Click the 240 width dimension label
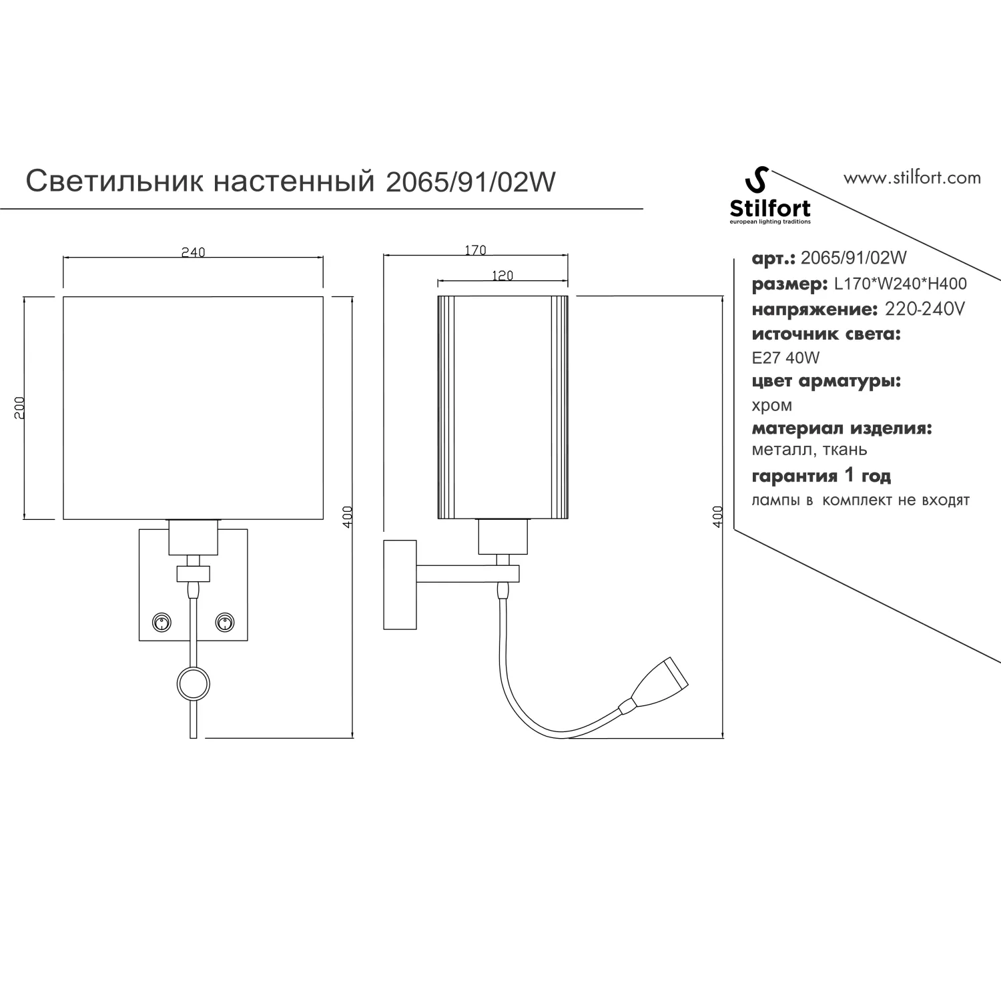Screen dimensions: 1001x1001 pos(193,252)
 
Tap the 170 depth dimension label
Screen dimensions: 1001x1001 pos(474,250)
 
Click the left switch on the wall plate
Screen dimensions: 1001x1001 pos(161,623)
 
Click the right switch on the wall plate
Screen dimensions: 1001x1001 pos(225,623)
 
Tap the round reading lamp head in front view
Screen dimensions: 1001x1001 pos(193,683)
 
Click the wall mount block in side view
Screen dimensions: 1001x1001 pos(400,585)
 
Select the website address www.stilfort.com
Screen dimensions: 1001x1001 pos(912,178)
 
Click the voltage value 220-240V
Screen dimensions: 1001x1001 pos(924,310)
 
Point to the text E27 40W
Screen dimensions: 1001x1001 pos(785,358)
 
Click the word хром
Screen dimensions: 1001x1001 pos(772,406)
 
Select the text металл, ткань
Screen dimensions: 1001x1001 pos(809,450)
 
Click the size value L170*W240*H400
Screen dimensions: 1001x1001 pos(901,284)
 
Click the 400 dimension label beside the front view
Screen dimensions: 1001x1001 pos(347,517)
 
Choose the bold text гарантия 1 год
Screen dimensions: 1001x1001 pos(821,476)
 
